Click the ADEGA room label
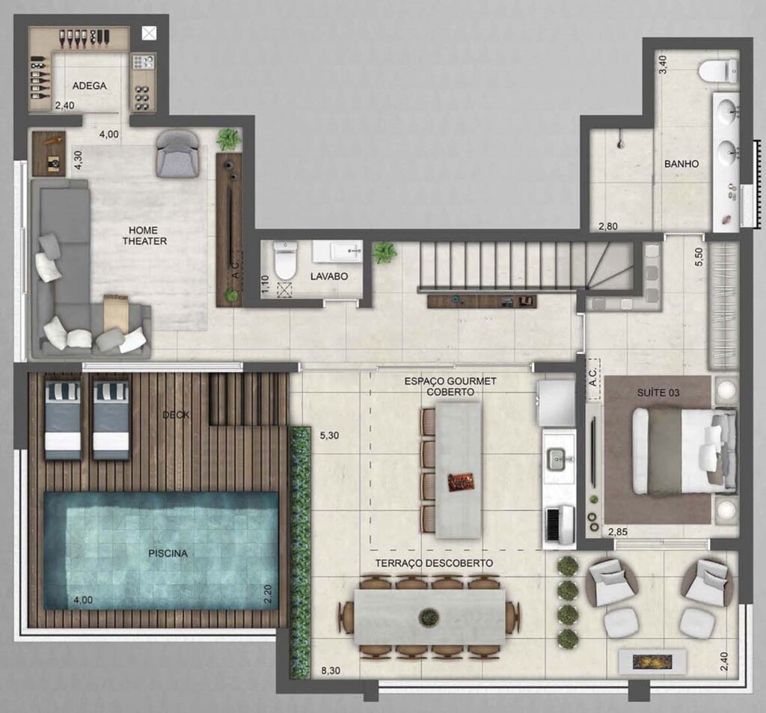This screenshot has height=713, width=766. (x=90, y=86)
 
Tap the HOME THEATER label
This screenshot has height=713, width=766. (x=144, y=236)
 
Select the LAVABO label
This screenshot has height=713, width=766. (x=329, y=277)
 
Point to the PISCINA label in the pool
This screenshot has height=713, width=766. (x=168, y=554)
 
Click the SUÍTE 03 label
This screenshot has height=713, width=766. (x=658, y=393)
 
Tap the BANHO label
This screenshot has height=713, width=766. (x=681, y=164)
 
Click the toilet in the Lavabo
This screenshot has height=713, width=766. (x=285, y=260)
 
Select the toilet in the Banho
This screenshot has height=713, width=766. (x=717, y=71)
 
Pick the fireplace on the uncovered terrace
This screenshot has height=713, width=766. (x=652, y=662)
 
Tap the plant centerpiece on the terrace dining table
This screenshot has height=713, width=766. (x=429, y=618)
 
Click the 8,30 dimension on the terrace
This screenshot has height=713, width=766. (x=331, y=671)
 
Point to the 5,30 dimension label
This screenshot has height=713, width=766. (x=329, y=435)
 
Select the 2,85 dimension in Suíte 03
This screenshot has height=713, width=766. (x=618, y=532)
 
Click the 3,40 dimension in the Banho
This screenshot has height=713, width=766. (x=663, y=65)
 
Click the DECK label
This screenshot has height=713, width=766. (x=176, y=415)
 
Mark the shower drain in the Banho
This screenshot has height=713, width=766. (x=620, y=144)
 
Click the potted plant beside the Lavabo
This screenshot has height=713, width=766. (x=385, y=253)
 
